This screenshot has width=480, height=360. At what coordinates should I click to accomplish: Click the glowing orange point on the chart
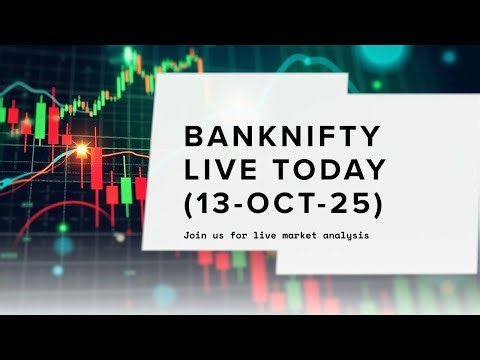click(81, 150)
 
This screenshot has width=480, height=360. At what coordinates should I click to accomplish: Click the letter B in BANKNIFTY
click(192, 136)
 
